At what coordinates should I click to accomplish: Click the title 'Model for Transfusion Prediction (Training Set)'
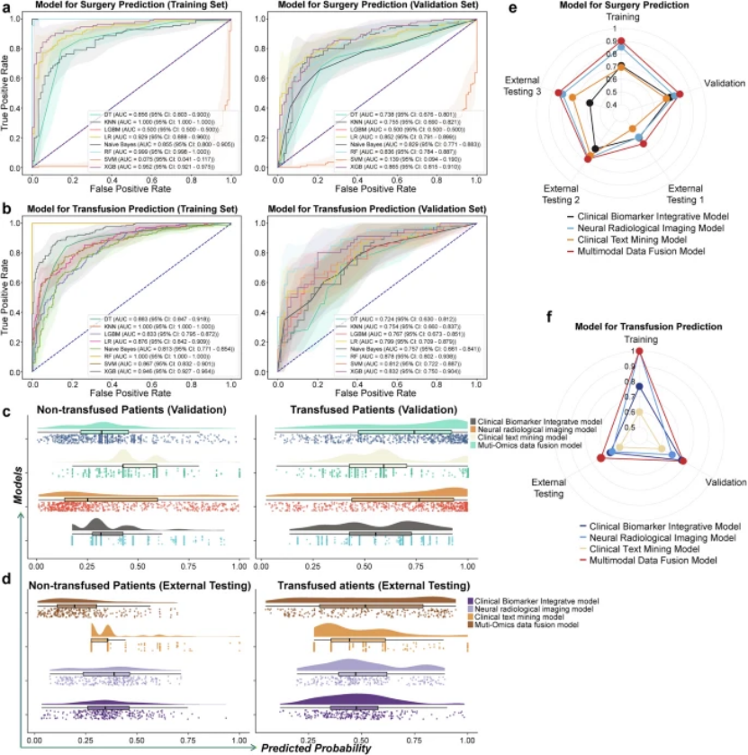coord(128,209)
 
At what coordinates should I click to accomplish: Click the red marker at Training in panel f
coord(638,354)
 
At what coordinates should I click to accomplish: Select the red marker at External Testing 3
coord(560,94)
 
